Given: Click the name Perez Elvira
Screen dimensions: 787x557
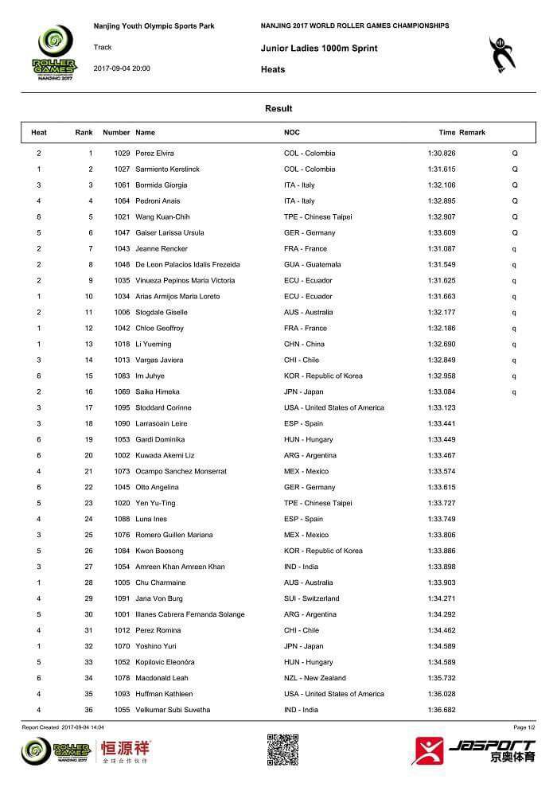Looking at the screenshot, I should (154, 153).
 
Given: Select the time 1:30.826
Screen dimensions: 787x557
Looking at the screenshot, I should (442, 153).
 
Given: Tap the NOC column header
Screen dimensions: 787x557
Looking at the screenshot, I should (292, 132).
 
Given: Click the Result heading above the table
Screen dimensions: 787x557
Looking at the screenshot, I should (278, 109).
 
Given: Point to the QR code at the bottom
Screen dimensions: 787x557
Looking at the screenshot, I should (282, 750).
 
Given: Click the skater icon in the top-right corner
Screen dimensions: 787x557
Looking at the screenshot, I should (501, 54).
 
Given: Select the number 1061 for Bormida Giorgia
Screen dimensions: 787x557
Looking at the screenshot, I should (122, 185).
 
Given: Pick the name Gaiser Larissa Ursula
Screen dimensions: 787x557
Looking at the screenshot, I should (169, 232).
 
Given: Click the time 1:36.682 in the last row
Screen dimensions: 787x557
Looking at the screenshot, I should (442, 710).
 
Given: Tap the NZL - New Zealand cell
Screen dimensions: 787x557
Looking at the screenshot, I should (315, 678).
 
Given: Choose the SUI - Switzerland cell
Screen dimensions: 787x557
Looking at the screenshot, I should (311, 598).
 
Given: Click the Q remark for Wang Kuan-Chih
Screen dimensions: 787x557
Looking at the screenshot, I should (515, 216).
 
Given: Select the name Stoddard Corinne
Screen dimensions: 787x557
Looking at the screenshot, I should (163, 407).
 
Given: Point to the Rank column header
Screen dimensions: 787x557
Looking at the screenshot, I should (84, 132).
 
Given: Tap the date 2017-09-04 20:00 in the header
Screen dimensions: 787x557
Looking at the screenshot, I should (122, 68).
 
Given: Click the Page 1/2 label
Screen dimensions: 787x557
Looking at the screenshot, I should (524, 727).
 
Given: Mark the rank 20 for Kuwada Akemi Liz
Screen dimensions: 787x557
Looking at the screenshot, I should (90, 455).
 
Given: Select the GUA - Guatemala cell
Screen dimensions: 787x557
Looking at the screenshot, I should (313, 264).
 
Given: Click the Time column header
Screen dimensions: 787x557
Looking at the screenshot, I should (446, 132).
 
